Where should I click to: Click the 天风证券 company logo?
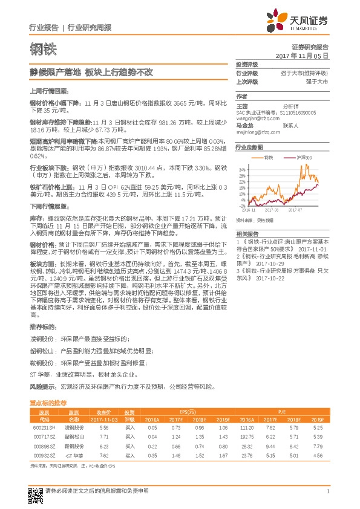[x=303, y=21]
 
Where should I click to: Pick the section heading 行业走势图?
[x=249, y=147]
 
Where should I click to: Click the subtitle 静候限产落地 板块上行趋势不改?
[x=92, y=72]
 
